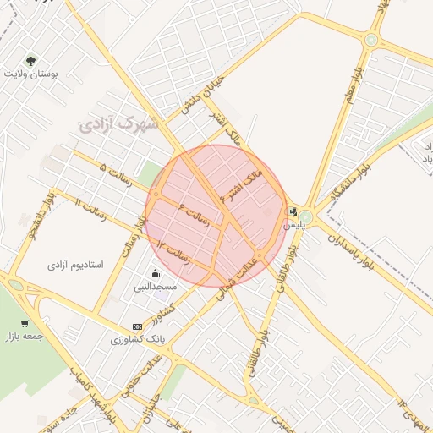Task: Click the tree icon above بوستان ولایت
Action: point(31,61)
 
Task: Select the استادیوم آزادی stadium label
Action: point(74,264)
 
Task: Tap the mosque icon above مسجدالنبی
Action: point(156,273)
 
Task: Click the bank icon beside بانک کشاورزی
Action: point(138,326)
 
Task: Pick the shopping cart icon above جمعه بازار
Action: point(25,323)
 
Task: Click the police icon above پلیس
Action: point(293,212)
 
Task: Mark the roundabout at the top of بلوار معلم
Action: point(371,39)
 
